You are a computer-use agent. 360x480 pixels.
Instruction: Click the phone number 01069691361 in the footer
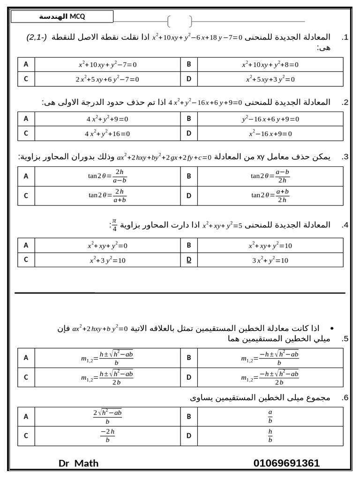(286, 463)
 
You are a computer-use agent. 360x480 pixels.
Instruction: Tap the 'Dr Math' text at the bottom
(79, 463)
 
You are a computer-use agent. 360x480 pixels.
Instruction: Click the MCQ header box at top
(62, 17)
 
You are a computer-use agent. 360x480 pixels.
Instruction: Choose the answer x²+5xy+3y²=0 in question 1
(270, 79)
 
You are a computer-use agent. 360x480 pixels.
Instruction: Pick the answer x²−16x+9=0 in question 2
(270, 134)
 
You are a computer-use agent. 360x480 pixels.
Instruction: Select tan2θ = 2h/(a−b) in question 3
(107, 176)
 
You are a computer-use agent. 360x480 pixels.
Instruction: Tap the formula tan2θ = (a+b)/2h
(270, 195)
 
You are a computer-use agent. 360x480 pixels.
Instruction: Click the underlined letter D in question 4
(189, 260)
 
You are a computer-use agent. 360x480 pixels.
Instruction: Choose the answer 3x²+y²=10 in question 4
(270, 260)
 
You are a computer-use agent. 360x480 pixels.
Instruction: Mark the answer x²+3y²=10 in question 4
(107, 260)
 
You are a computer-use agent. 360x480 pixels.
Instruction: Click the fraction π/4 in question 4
(114, 225)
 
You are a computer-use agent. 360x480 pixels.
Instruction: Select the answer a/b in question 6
(270, 416)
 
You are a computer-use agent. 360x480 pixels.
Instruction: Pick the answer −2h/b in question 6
(107, 436)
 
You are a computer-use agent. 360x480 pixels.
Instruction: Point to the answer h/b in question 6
(270, 436)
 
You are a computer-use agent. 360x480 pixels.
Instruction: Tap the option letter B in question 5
(189, 358)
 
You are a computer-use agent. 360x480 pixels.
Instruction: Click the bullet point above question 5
(331, 328)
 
